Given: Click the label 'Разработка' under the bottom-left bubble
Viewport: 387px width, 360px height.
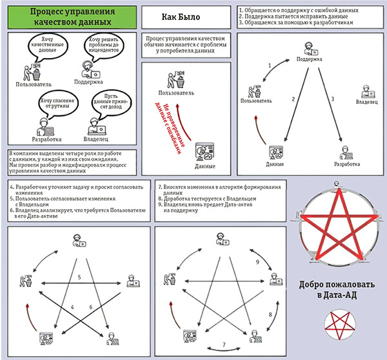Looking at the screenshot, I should [45, 139].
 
